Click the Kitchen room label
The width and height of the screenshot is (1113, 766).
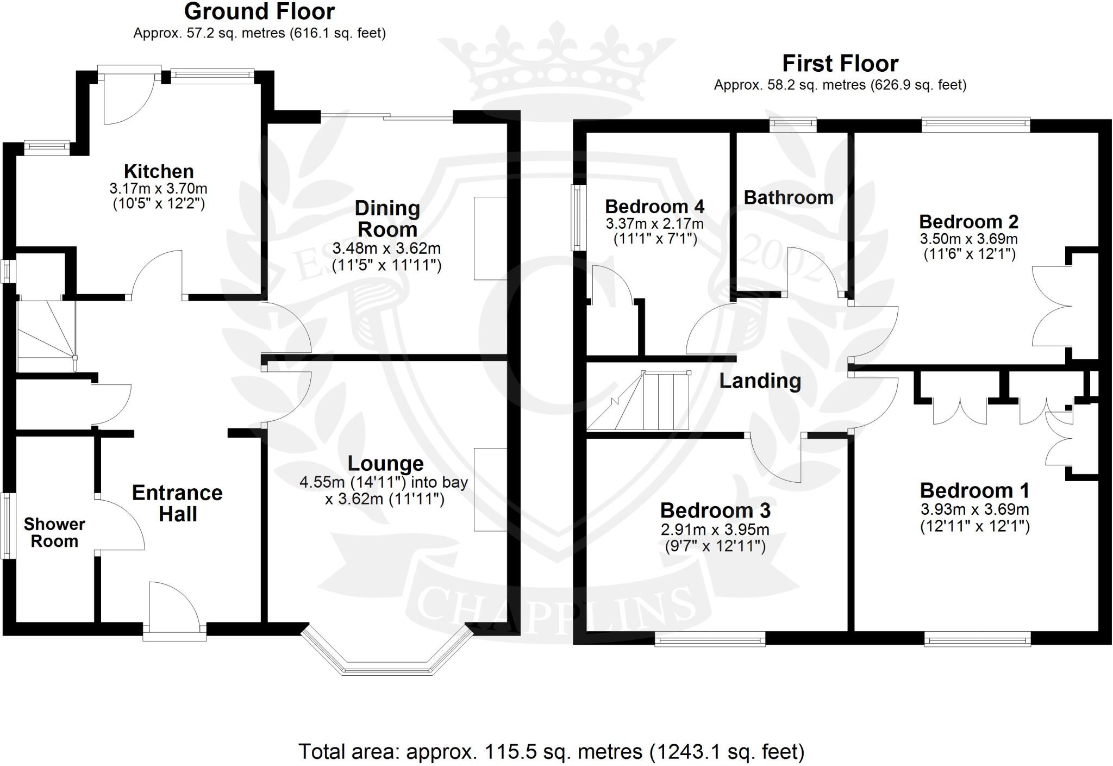(159, 171)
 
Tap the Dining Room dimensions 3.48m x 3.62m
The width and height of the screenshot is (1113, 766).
(386, 249)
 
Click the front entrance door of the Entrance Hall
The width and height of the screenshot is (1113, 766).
(174, 606)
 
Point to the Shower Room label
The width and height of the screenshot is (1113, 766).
(54, 532)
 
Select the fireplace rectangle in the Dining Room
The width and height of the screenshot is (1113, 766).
(490, 238)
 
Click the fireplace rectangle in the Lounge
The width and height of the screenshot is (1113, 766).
(490, 489)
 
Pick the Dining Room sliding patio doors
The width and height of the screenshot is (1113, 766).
(387, 116)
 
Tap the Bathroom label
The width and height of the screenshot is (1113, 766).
(788, 197)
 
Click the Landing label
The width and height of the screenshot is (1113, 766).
(760, 381)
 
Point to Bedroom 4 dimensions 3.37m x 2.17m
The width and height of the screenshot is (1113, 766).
(654, 223)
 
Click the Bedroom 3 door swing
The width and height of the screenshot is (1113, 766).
(774, 459)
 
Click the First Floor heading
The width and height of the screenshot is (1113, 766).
(840, 64)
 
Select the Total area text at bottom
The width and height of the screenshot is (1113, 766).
(551, 751)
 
